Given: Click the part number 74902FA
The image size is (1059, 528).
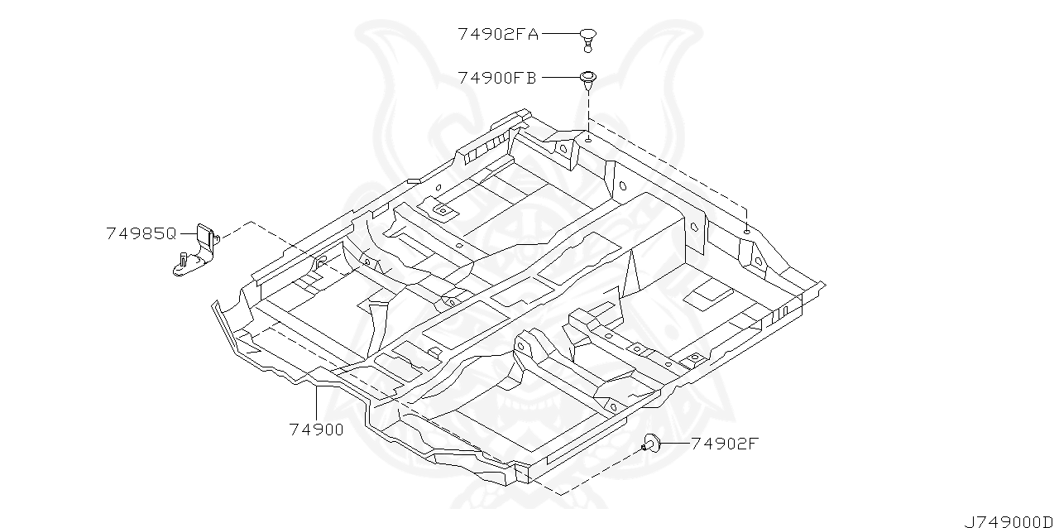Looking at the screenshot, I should [497, 34].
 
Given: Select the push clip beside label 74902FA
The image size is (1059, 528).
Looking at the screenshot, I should [587, 37].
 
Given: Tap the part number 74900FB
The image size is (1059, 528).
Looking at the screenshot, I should [497, 78].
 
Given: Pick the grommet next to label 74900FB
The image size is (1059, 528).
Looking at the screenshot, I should [587, 79].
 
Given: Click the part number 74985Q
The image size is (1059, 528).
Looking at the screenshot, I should [141, 233].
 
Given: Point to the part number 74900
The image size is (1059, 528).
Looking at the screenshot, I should [316, 430].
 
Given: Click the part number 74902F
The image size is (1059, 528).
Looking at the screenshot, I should [724, 443].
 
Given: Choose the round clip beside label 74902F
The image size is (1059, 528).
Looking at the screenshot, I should [650, 444].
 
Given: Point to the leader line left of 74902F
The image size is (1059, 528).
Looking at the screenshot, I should [674, 443].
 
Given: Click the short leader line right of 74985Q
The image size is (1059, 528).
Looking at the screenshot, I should [186, 233].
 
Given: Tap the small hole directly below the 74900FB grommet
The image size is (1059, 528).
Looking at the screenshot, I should [587, 141].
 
